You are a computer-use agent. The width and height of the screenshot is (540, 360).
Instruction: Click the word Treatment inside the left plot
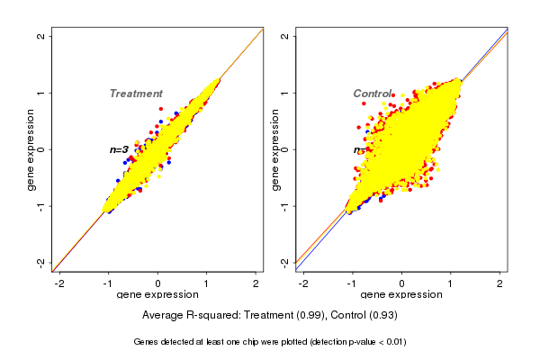point(136,94)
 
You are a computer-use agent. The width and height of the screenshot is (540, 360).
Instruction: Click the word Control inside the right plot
point(372,94)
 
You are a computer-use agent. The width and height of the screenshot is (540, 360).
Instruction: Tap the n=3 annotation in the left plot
point(119,149)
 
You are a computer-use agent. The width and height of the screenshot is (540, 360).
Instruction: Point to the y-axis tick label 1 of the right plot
point(285,93)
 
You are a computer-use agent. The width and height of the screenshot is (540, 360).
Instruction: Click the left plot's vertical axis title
point(31,149)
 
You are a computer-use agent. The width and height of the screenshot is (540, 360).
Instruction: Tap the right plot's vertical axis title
point(274,149)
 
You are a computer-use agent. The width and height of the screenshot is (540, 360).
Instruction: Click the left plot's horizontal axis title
point(157,295)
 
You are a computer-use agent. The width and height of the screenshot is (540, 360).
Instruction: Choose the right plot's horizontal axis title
point(401,295)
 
